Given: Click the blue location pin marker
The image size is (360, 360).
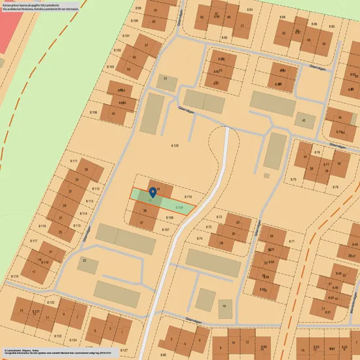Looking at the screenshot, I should coord(153,192).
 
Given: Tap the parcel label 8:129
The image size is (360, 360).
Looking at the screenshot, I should coord(175,145).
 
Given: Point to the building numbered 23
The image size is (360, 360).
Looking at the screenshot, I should coord(86,264).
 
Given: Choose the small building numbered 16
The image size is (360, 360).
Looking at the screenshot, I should coord(225,306).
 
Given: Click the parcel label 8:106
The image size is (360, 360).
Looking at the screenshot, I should coord(93,113).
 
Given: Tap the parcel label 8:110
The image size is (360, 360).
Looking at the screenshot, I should coord(188,197).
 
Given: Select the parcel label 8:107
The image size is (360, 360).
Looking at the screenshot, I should coord(166,230).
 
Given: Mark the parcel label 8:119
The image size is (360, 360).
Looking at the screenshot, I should coord(14,276).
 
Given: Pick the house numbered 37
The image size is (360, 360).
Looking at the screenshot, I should coord(141,223).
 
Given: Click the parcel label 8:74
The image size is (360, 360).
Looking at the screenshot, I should coord(200,239).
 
